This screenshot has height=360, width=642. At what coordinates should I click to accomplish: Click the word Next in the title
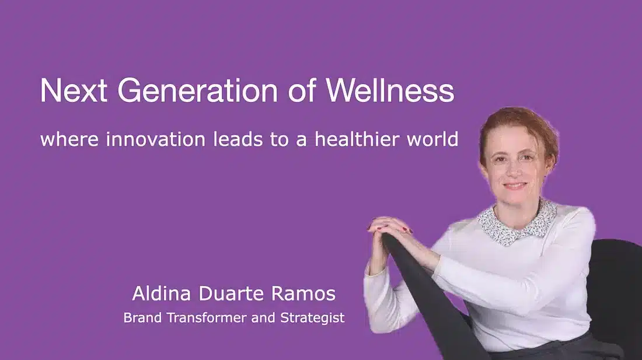point(74,90)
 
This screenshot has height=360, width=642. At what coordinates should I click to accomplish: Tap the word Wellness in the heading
point(390,90)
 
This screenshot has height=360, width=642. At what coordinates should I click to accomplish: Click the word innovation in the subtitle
point(155,139)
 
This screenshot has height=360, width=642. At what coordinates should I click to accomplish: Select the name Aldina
point(161,293)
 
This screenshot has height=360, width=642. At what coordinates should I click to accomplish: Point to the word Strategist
point(312,318)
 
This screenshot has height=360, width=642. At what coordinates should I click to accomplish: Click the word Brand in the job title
point(142,317)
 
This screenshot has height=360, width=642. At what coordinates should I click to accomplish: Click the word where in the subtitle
point(69,139)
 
